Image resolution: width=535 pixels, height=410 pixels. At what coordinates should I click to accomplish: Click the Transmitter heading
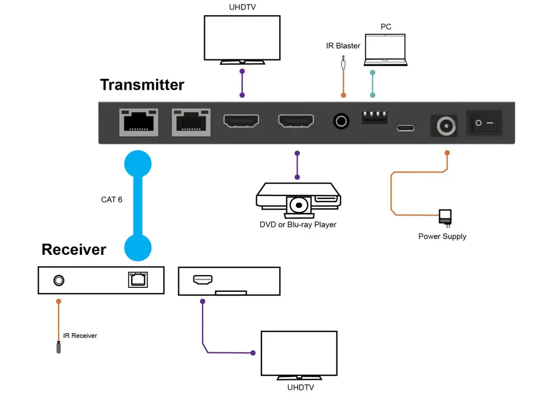(x=142, y=85)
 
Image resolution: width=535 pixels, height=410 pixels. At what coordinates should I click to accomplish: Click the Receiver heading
(x=73, y=249)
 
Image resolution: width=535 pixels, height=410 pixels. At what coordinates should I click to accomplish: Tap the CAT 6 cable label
(x=112, y=199)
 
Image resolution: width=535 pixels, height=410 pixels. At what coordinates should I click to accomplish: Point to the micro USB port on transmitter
(x=405, y=128)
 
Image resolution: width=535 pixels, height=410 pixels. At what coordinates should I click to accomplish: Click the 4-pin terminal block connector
(x=375, y=117)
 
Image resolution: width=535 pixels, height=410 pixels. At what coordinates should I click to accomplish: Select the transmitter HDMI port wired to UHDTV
(x=241, y=121)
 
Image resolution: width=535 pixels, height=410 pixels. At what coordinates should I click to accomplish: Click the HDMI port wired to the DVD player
(x=296, y=121)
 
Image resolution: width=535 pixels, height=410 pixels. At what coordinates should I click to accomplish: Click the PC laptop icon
(x=385, y=51)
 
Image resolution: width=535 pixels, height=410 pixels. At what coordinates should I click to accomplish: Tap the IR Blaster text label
(x=343, y=45)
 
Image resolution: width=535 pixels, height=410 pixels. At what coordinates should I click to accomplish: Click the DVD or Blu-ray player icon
(x=298, y=199)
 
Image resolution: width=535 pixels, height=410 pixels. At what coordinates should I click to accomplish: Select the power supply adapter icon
(x=445, y=217)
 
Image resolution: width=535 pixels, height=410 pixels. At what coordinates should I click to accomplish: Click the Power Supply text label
(x=442, y=236)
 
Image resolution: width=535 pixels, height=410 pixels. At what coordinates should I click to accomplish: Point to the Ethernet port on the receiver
(x=137, y=279)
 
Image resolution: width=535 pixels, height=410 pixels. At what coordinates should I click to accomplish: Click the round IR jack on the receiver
(x=58, y=279)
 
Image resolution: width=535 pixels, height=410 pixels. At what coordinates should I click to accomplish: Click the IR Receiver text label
(x=80, y=336)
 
